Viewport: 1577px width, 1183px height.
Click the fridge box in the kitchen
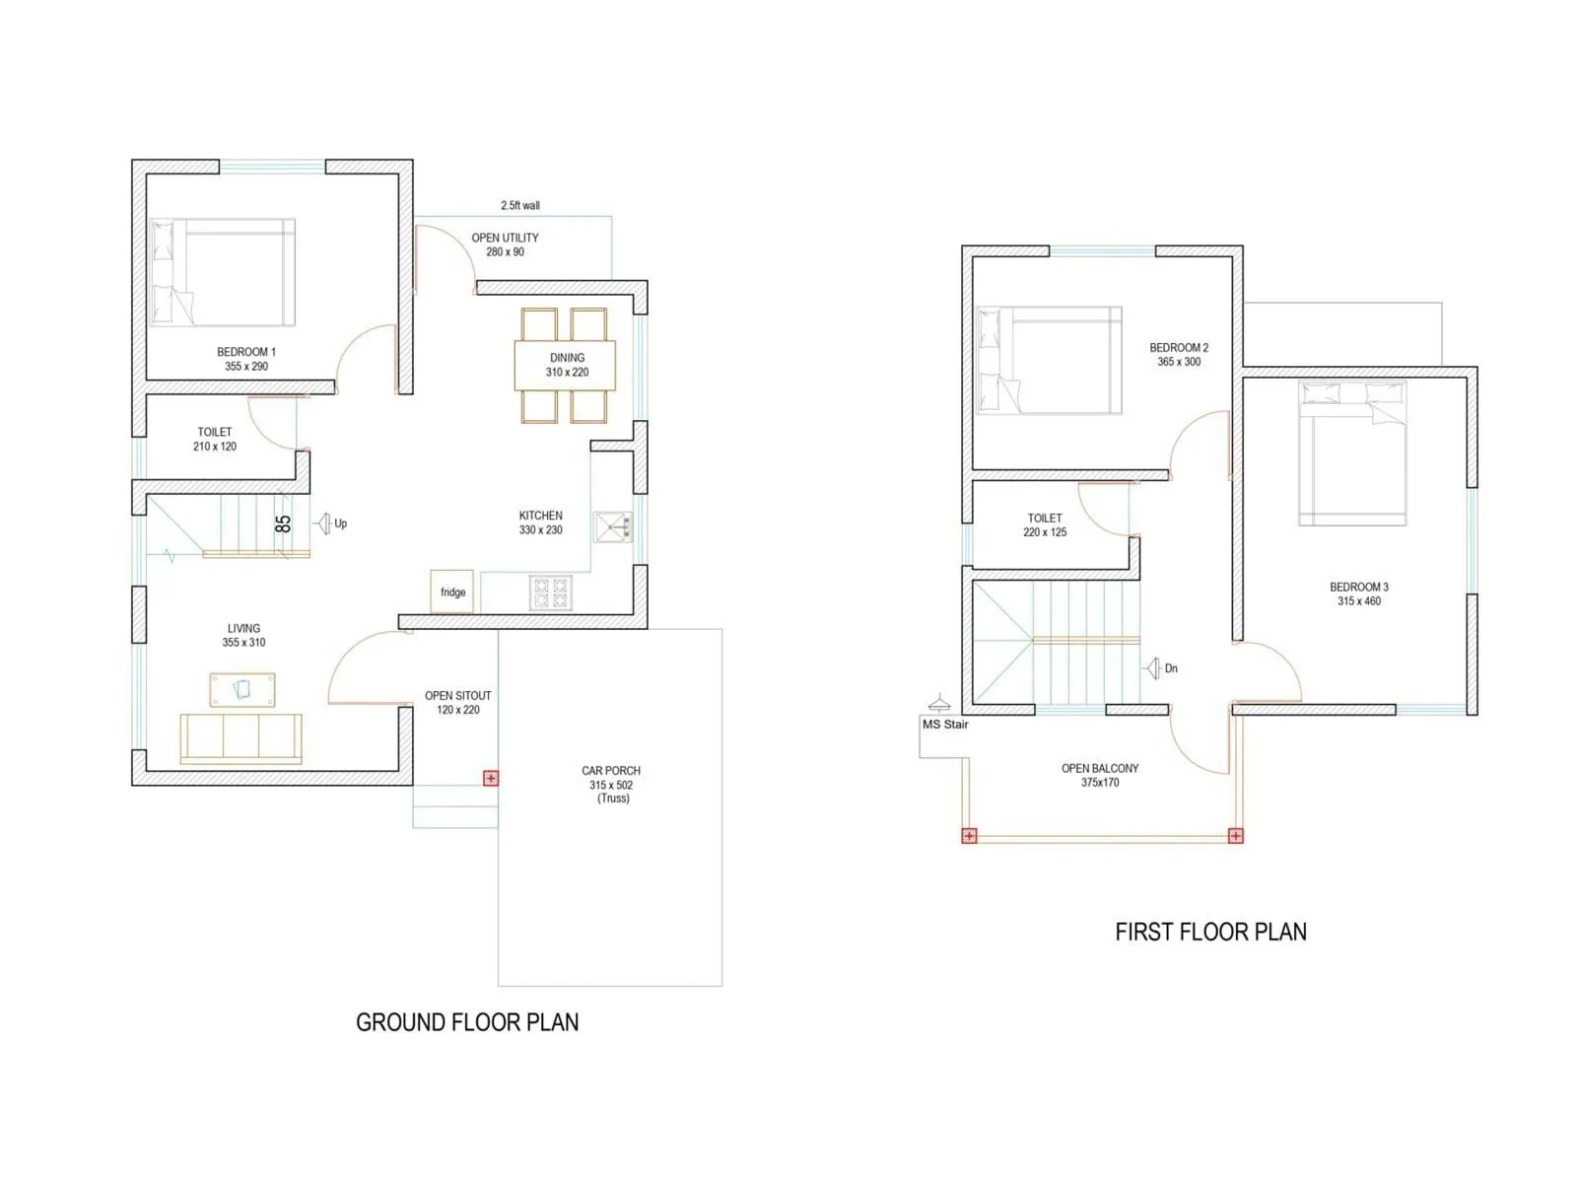click(x=451, y=591)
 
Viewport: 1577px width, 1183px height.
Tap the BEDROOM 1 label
click(x=246, y=359)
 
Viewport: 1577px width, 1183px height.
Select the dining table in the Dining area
click(x=565, y=365)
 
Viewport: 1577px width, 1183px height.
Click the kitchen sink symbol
click(x=613, y=527)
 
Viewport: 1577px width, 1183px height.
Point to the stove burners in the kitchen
click(x=550, y=592)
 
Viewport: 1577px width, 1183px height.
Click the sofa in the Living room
click(x=240, y=737)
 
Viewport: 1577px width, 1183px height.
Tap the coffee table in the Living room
click(x=242, y=690)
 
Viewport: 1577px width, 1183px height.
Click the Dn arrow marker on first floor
click(x=1154, y=668)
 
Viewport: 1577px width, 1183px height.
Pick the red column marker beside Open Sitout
click(x=491, y=778)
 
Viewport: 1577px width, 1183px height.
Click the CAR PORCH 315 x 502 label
click(x=611, y=784)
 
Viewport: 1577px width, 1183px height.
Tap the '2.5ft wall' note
click(x=520, y=206)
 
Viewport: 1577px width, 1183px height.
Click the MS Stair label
click(x=945, y=725)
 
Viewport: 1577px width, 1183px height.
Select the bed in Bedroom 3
click(x=1352, y=453)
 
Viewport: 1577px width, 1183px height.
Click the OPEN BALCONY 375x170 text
click(x=1100, y=775)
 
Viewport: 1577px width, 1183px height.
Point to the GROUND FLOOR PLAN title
click(x=467, y=1022)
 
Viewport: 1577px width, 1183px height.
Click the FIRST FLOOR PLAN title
click(x=1210, y=932)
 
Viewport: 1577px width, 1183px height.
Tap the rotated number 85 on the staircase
click(x=283, y=523)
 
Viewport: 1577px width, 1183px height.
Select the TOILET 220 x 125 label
click(x=1045, y=524)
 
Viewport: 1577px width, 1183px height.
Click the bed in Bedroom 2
click(x=1049, y=360)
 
